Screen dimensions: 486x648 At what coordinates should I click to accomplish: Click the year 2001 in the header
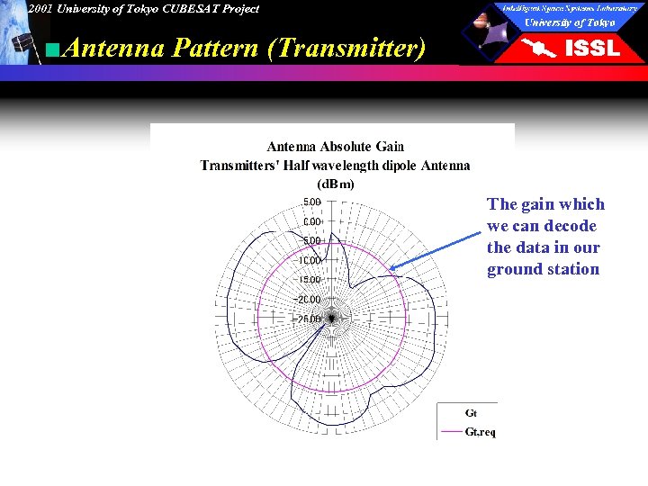(x=40, y=9)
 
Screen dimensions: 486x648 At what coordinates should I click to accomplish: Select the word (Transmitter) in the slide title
(x=346, y=48)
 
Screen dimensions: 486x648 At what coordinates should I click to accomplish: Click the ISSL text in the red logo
(x=591, y=49)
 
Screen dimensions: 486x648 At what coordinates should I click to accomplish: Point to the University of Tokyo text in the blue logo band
(x=570, y=22)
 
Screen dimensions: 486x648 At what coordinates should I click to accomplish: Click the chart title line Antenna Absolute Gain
(x=336, y=146)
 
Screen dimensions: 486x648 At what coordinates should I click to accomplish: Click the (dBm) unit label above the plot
(x=335, y=184)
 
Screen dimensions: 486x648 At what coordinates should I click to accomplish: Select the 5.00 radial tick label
(x=311, y=202)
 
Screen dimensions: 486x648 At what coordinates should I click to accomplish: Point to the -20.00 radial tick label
(x=309, y=299)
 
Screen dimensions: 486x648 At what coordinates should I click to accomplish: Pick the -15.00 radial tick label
(x=309, y=280)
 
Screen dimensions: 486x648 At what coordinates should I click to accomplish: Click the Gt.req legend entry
(x=480, y=432)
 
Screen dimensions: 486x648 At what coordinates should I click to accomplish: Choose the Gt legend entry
(x=471, y=413)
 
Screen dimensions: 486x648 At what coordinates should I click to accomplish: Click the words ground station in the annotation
(x=543, y=269)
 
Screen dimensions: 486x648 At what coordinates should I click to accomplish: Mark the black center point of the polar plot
(x=332, y=318)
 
